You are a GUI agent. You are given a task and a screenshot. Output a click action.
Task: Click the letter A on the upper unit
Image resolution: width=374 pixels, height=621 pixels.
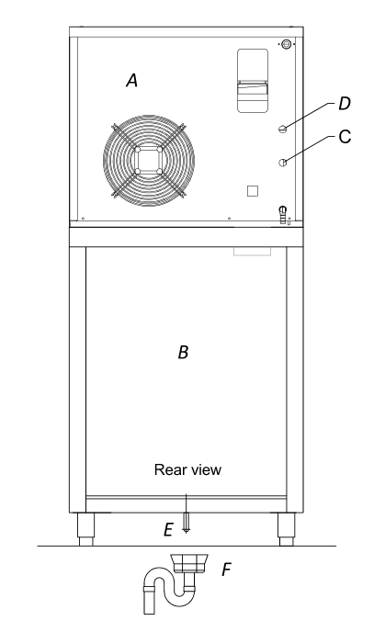click(x=132, y=80)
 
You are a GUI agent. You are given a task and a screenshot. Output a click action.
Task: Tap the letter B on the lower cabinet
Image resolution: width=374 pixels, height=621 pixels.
click(x=183, y=352)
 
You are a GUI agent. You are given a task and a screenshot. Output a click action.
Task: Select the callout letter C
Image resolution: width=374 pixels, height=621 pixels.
click(x=345, y=137)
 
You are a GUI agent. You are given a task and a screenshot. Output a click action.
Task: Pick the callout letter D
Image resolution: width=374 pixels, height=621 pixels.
click(x=345, y=104)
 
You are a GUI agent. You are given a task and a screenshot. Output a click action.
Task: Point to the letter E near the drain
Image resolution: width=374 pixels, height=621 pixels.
click(x=169, y=529)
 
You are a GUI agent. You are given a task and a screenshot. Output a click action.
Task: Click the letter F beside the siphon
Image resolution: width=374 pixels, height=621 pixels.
click(x=226, y=570)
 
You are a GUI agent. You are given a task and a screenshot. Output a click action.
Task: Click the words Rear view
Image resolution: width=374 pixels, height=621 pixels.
click(x=187, y=469)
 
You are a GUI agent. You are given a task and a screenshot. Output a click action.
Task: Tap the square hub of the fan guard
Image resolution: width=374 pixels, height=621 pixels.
click(x=148, y=161)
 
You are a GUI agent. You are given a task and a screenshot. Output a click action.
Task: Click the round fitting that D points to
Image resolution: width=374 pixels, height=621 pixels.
click(x=282, y=129)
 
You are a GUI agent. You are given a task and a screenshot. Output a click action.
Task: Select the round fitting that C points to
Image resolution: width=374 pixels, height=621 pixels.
click(x=282, y=163)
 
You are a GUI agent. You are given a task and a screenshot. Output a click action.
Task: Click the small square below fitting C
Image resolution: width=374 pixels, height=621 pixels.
click(x=253, y=191)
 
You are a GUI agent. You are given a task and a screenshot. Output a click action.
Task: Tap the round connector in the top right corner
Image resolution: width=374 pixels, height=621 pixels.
click(x=286, y=44)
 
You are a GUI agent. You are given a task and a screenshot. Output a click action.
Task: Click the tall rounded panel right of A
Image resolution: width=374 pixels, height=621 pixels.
click(x=253, y=81)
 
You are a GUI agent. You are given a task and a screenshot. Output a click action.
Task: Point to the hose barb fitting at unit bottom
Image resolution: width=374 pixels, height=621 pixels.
click(x=282, y=215)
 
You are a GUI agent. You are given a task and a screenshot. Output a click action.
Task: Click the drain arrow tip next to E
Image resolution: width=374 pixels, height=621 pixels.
click(x=186, y=533)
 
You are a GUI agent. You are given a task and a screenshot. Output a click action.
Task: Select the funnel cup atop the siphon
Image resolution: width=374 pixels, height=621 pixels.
click(x=189, y=563)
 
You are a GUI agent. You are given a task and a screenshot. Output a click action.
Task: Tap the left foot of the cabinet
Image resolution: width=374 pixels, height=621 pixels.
click(x=86, y=529)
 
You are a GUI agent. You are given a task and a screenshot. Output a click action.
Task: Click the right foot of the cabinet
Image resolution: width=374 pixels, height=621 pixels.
click(x=287, y=529)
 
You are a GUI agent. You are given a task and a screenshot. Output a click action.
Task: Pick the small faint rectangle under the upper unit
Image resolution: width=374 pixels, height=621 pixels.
click(x=253, y=251)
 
